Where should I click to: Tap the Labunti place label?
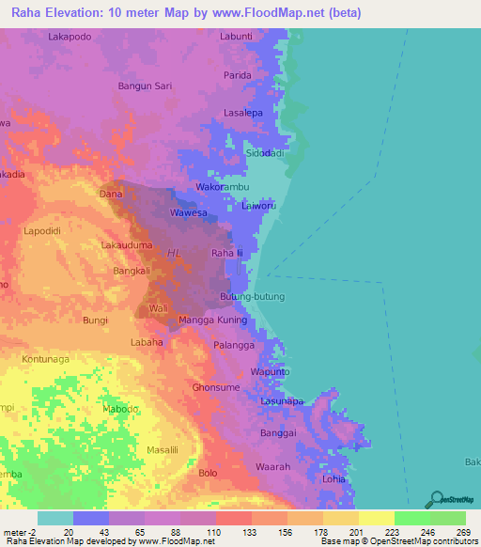236,36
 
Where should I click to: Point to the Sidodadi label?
265,151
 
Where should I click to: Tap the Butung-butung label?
251,296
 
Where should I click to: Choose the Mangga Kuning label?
212,320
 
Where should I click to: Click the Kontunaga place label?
48,360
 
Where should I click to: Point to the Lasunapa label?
282,401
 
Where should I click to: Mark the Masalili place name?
166,450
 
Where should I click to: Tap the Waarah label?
274,465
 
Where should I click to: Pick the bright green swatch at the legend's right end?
447,518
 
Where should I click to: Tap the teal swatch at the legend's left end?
54,518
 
